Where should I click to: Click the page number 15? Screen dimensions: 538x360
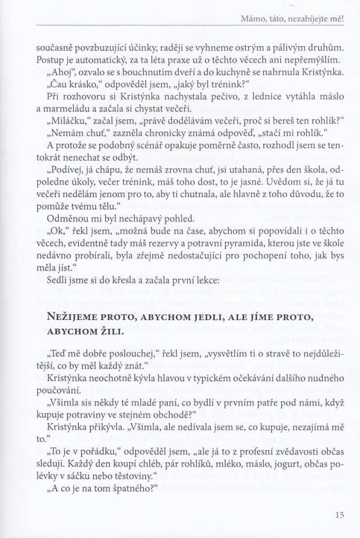(338, 515)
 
